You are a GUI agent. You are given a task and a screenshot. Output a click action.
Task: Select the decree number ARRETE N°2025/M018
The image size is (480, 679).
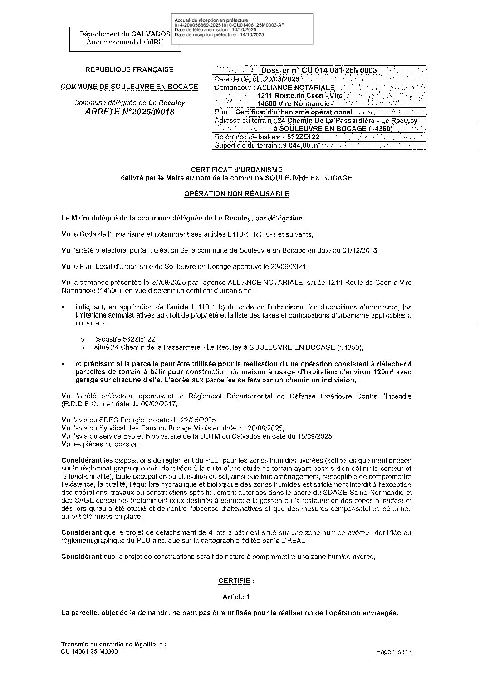point(129,112)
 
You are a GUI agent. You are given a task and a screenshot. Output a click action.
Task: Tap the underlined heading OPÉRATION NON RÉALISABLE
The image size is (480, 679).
point(236,194)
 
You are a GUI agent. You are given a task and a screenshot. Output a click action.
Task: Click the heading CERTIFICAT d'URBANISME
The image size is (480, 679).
point(236,170)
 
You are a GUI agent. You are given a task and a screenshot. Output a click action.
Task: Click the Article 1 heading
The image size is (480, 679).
point(236,597)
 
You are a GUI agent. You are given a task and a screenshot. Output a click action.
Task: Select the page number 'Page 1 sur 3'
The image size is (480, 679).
point(394,652)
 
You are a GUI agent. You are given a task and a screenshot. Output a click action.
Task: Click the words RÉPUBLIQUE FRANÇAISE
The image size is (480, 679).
point(129,70)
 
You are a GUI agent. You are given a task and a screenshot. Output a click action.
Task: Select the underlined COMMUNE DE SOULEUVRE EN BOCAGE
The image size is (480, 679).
point(129,86)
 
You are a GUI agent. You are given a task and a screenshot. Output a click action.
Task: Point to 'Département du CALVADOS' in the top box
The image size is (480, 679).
point(125,34)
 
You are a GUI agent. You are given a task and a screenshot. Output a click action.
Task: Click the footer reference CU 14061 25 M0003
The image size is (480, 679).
point(89,651)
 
